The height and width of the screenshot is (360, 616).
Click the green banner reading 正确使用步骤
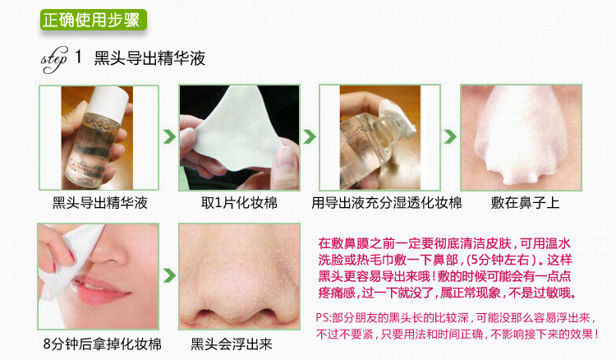[x=94, y=20]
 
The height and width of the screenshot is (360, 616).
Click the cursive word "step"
[x=54, y=59]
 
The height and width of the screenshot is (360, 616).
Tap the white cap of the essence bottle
[x=108, y=100]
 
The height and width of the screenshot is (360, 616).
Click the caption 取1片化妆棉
[x=239, y=203]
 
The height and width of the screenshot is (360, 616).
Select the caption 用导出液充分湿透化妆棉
[x=386, y=203]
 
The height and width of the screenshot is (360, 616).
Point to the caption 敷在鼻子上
[x=525, y=203]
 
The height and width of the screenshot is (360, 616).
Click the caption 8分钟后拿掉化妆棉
[x=102, y=344]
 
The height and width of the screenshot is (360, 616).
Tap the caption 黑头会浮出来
[x=232, y=344]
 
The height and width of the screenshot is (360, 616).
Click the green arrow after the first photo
[x=169, y=136]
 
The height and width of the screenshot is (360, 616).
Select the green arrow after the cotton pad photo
[x=310, y=136]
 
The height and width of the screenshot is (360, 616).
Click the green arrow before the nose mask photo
[x=450, y=136]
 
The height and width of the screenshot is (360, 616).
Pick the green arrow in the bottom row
[x=169, y=275]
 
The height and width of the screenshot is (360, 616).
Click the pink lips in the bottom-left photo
[x=102, y=291]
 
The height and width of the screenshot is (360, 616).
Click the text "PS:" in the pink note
[x=324, y=317]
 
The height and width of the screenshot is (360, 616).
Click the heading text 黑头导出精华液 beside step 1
[x=149, y=58]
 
